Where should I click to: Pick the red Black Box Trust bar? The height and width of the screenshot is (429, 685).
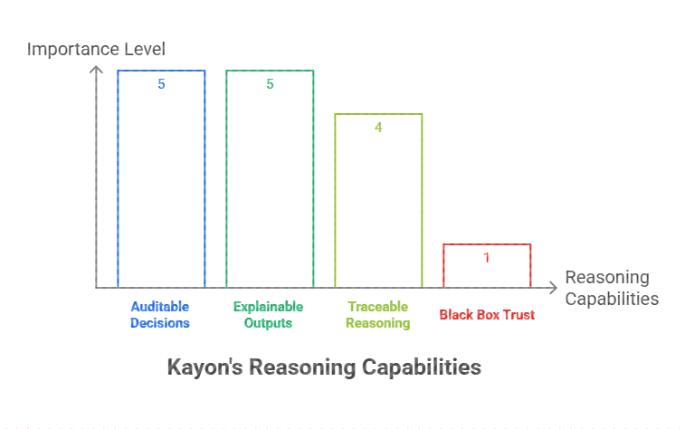pyautogui.click(x=487, y=266)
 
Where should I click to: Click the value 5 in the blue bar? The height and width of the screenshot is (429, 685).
pyautogui.click(x=161, y=84)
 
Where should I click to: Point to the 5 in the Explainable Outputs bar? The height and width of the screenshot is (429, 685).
pyautogui.click(x=270, y=84)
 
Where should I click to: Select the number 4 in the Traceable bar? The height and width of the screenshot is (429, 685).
pyautogui.click(x=378, y=128)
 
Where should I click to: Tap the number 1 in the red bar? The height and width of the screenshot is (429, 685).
pyautogui.click(x=487, y=258)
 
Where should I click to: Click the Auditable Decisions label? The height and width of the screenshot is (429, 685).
pyautogui.click(x=160, y=314)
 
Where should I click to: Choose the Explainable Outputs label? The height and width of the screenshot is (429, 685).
pyautogui.click(x=269, y=314)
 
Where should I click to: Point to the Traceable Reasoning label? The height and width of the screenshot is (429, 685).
pyautogui.click(x=378, y=314)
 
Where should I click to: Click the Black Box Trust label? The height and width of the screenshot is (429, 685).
pyautogui.click(x=487, y=315)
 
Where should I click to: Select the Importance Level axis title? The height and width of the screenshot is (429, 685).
pyautogui.click(x=96, y=48)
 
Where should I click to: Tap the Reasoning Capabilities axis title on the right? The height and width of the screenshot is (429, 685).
pyautogui.click(x=612, y=288)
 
